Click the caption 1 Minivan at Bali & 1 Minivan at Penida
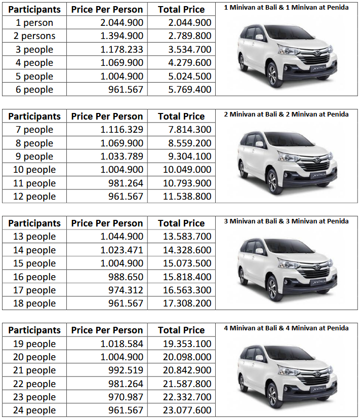(x=286, y=8)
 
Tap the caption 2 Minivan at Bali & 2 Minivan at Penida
(x=286, y=115)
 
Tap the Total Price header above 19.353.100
(x=181, y=330)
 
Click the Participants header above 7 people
(x=34, y=117)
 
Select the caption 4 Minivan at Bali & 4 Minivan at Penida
(x=286, y=328)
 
